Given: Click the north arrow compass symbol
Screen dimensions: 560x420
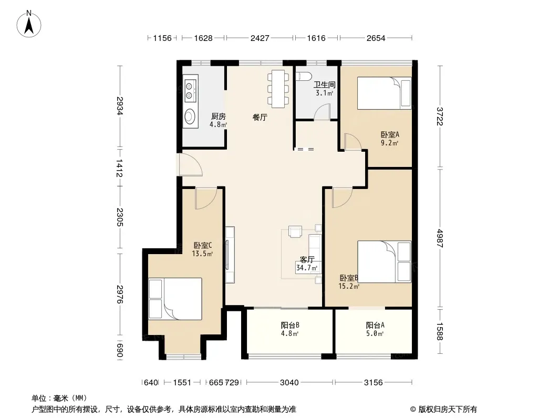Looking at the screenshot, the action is [29, 24].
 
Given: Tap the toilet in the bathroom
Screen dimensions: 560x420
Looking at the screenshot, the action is [304, 76].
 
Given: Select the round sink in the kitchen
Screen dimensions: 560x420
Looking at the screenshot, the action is [190, 115].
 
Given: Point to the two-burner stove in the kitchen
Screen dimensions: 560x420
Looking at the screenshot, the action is [190, 91].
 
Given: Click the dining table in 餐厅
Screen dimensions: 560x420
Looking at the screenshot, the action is [278, 89].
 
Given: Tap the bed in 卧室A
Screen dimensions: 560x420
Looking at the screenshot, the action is [385, 93].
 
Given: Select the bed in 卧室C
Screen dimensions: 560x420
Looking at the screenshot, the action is [175, 299].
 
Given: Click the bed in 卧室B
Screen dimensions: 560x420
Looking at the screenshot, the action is [385, 261].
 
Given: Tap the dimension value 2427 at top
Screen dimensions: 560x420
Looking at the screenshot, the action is [260, 38].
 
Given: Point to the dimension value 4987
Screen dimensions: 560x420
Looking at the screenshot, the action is [440, 238].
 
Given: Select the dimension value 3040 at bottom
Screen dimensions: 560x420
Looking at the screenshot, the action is [289, 383].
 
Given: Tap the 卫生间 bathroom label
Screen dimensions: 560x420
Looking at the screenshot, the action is [324, 85].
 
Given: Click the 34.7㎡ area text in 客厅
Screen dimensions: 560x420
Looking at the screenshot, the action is [307, 268].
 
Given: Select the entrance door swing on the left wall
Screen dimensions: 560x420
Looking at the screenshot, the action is [191, 164].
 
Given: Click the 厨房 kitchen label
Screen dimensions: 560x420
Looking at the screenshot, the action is [218, 117].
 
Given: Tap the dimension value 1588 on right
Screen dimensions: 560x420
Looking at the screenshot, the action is [440, 331].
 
